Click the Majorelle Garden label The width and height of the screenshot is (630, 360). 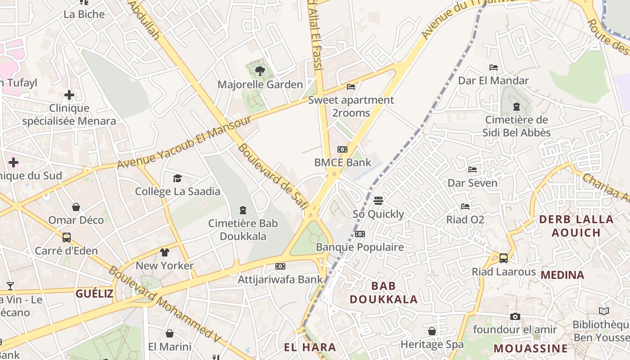(260, 85)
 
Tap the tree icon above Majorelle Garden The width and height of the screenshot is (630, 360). (260, 70)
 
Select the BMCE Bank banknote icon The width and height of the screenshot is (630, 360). (342, 149)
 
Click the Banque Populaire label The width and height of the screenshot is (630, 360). (360, 247)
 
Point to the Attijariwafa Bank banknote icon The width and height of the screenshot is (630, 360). (280, 266)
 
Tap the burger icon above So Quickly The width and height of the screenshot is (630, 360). (378, 200)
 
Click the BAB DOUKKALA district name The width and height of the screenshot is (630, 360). (384, 292)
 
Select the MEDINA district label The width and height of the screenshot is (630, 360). (562, 275)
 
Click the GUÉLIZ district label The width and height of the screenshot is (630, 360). (94, 294)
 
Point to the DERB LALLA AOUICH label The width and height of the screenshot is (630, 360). (576, 226)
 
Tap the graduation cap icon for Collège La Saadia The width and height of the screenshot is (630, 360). (177, 179)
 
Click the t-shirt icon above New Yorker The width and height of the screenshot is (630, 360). (165, 252)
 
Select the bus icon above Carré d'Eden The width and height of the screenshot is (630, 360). (66, 237)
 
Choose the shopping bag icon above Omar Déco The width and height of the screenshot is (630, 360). (76, 207)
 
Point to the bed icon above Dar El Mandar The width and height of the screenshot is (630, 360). (494, 67)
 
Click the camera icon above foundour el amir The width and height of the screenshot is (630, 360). (515, 316)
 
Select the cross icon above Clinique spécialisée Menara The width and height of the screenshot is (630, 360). (69, 95)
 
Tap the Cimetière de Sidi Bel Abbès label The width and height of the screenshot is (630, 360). (516, 126)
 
